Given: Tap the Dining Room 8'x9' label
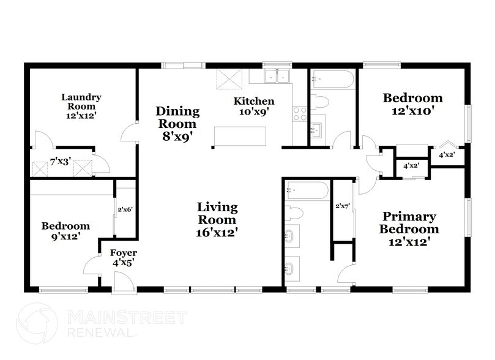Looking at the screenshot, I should [x=177, y=123].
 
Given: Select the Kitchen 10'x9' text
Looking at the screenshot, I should [x=255, y=105].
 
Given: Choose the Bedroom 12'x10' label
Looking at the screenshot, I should [x=412, y=105].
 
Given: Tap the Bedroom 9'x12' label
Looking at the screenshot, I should [x=65, y=230].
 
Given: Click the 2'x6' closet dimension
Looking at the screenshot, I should [x=125, y=211].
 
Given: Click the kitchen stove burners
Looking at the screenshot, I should [x=300, y=113].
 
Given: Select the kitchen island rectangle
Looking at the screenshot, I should [x=240, y=135].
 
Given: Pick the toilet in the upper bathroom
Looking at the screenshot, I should [x=321, y=101].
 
